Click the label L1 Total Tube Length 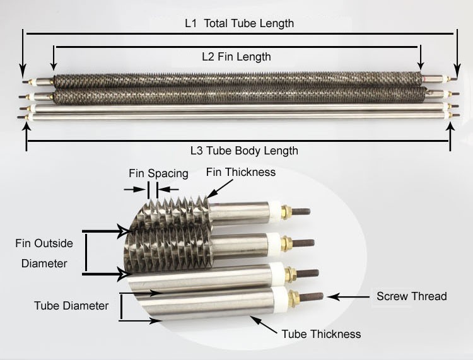(239, 23)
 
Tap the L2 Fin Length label (237, 57)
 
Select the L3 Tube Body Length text (244, 151)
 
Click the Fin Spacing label (158, 173)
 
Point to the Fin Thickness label (241, 172)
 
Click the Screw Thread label (411, 296)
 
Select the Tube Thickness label (321, 334)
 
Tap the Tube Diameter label (71, 306)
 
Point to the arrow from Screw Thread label (348, 297)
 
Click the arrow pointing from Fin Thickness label (219, 189)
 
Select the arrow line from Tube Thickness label (264, 325)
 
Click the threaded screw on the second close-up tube (304, 242)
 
